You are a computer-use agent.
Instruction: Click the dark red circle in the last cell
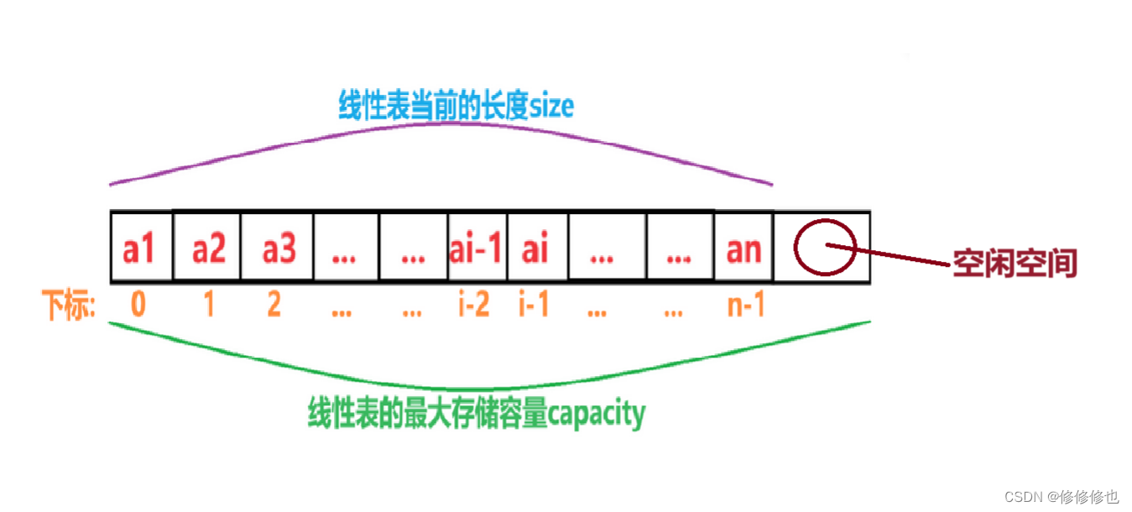(x=825, y=246)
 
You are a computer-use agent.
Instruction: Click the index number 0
(x=138, y=305)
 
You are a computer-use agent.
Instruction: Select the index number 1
(x=208, y=305)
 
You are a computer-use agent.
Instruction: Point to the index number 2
(x=274, y=305)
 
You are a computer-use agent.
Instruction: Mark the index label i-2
(x=473, y=305)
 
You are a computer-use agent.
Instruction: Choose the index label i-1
(x=534, y=305)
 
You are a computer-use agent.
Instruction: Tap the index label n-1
(x=745, y=305)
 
